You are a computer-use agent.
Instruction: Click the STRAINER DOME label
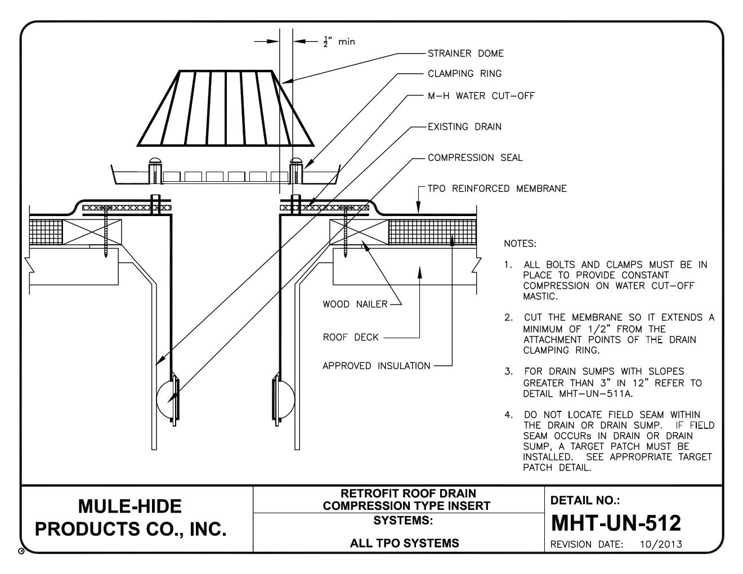click(466, 54)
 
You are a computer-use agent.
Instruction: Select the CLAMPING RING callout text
click(464, 74)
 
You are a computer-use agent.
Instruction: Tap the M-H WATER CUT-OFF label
click(481, 96)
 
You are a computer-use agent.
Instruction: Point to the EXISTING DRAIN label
click(464, 127)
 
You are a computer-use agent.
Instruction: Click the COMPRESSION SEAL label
click(475, 158)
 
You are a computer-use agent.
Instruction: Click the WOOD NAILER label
click(355, 304)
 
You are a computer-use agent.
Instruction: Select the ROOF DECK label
click(350, 338)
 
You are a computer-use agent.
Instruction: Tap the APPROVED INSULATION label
click(376, 366)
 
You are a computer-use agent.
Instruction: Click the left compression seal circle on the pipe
click(167, 400)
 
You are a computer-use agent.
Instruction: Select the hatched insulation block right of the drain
click(432, 232)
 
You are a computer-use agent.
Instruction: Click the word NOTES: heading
click(521, 244)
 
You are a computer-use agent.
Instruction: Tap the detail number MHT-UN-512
click(616, 523)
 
